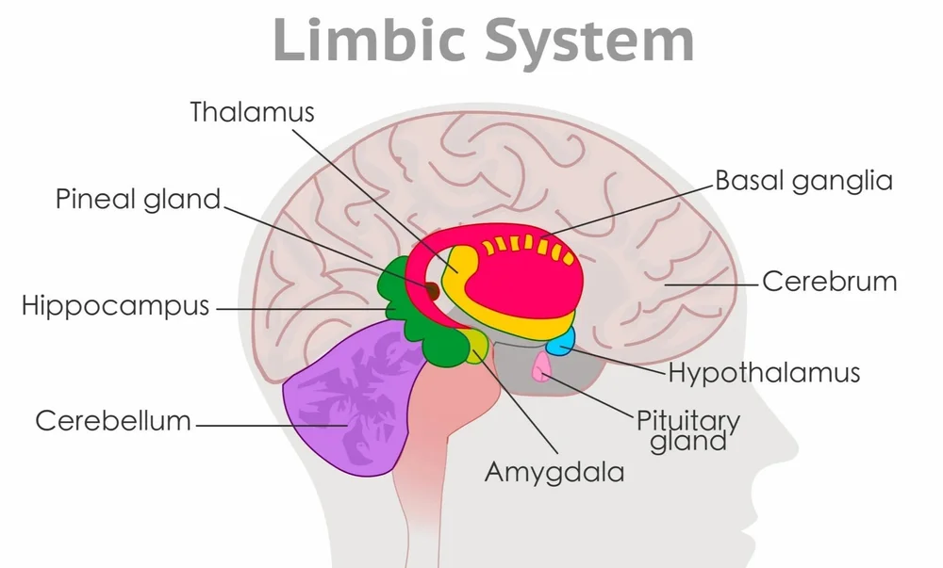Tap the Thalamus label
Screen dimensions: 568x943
pos(252,111)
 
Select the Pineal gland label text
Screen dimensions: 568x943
pos(138,199)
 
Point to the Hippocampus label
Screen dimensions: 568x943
pos(115,306)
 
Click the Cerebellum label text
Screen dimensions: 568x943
pos(113,420)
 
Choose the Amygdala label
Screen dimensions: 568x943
pos(554,471)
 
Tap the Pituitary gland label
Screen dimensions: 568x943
pos(688,430)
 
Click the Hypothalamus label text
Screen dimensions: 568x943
pos(764,372)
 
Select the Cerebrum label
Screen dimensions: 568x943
pos(830,281)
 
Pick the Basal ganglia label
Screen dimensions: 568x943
pos(803,180)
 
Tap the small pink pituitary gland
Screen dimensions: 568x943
pos(542,368)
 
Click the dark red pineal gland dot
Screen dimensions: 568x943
pos(432,291)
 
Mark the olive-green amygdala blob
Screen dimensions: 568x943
pos(477,346)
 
